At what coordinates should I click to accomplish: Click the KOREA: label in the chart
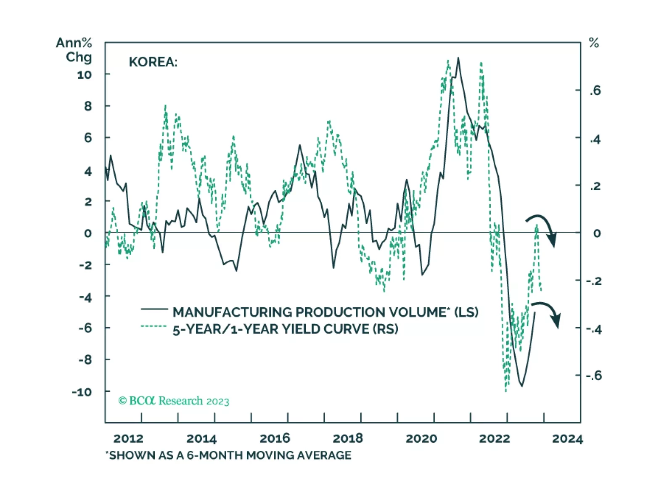point(153,62)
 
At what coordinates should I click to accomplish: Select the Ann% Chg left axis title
point(74,50)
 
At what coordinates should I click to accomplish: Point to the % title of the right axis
point(593,43)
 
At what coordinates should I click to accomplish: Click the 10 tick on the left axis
point(84,75)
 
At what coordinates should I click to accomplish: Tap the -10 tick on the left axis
point(82,392)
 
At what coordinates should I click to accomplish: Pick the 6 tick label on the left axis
point(87,138)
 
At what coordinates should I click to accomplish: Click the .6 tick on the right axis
point(595,90)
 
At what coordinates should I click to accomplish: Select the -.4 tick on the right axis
point(594,329)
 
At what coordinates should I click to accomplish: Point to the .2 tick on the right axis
point(595,186)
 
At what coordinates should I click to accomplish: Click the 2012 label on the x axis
point(128,439)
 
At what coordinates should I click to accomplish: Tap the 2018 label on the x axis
point(348,439)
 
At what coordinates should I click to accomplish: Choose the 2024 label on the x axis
point(567,439)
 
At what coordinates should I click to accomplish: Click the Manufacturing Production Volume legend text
point(325,312)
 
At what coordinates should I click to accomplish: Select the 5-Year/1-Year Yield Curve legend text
point(285,329)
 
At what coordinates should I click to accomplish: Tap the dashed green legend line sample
point(154,326)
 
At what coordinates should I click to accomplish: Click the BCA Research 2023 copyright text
point(174,401)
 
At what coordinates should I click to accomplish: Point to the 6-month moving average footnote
point(228,455)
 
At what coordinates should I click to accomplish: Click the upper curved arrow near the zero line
point(543,229)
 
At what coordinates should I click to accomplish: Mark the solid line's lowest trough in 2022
point(522,386)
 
